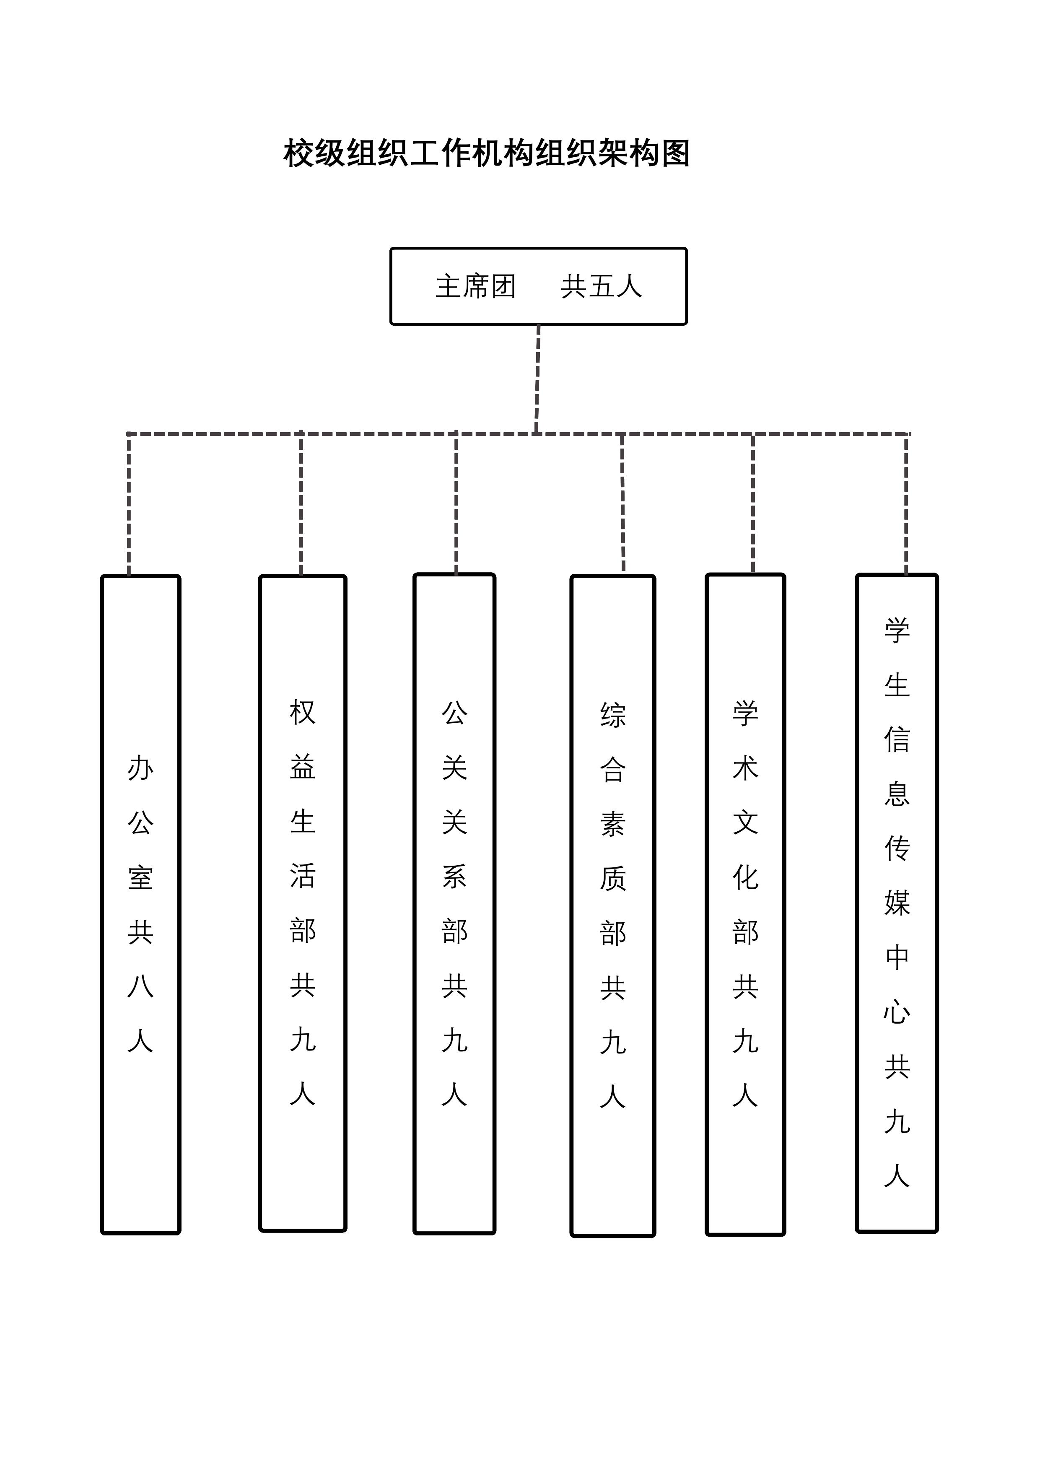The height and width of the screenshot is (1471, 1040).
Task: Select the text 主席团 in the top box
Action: (x=475, y=286)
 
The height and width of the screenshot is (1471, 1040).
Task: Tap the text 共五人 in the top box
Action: (x=601, y=286)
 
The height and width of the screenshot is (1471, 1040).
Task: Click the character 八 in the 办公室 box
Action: (x=140, y=987)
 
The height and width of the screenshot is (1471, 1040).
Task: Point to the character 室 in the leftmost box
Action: (x=140, y=878)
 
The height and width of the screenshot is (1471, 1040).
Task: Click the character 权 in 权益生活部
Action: (x=303, y=712)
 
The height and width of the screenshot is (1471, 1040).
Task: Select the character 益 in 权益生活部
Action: (x=303, y=767)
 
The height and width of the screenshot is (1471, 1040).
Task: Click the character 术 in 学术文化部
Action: (x=745, y=768)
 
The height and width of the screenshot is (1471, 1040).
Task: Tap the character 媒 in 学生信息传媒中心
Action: (x=897, y=903)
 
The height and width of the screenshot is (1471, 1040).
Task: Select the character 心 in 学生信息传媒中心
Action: (x=897, y=1013)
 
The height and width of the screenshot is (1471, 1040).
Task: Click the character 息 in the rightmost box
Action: (x=897, y=794)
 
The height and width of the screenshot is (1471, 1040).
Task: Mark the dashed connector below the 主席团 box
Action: (x=537, y=379)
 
